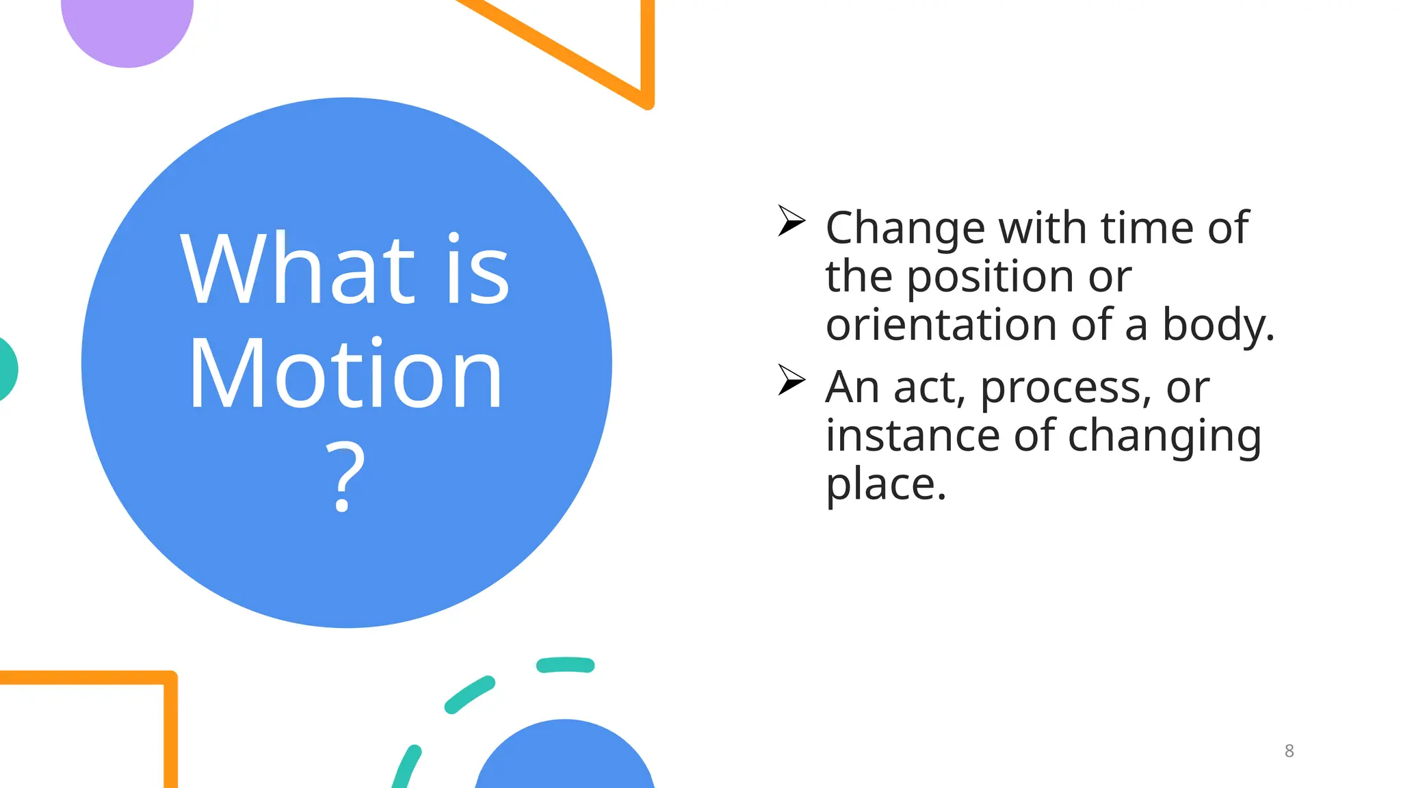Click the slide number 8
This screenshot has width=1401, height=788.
pyautogui.click(x=1289, y=751)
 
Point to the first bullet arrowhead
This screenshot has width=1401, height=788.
pyautogui.click(x=791, y=221)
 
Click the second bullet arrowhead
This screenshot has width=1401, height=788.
pyautogui.click(x=791, y=380)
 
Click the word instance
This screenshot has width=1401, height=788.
pyautogui.click(x=913, y=436)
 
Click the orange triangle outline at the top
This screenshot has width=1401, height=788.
pyautogui.click(x=646, y=55)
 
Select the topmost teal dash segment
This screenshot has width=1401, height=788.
pyautogui.click(x=565, y=665)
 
